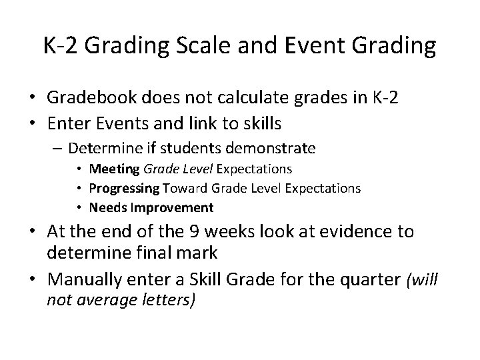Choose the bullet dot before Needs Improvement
[80, 207]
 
